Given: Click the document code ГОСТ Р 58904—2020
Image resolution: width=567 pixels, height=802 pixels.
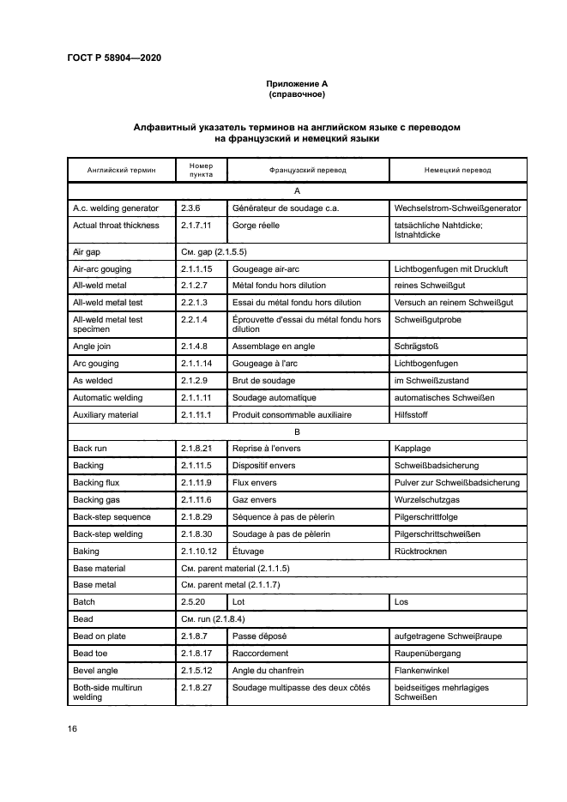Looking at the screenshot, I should [x=113, y=57].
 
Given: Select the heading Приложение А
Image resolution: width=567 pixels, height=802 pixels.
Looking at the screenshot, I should [x=297, y=83].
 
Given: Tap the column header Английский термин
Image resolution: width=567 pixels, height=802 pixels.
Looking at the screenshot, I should [x=121, y=170].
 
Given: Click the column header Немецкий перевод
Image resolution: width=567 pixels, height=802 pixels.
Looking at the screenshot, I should [x=457, y=170].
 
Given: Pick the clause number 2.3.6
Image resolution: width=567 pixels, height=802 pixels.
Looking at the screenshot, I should [x=190, y=208].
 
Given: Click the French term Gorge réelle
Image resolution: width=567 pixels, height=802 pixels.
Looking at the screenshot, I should [x=256, y=226].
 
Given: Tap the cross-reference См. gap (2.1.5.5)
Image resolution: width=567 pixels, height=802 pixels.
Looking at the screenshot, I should [x=214, y=252].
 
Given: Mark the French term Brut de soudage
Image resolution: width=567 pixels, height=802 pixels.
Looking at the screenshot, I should [x=263, y=380].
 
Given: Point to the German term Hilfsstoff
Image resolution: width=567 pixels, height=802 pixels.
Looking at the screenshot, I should [x=412, y=414].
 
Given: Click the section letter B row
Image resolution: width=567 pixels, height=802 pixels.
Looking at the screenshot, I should [x=297, y=431].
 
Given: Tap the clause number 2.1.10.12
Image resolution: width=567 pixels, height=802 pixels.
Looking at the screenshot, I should [x=198, y=551].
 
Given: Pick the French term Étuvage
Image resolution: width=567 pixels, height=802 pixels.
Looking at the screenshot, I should [x=248, y=551].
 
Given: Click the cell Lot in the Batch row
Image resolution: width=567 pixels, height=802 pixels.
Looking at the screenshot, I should [x=238, y=602].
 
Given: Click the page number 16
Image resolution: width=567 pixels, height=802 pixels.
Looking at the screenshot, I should [x=73, y=728].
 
